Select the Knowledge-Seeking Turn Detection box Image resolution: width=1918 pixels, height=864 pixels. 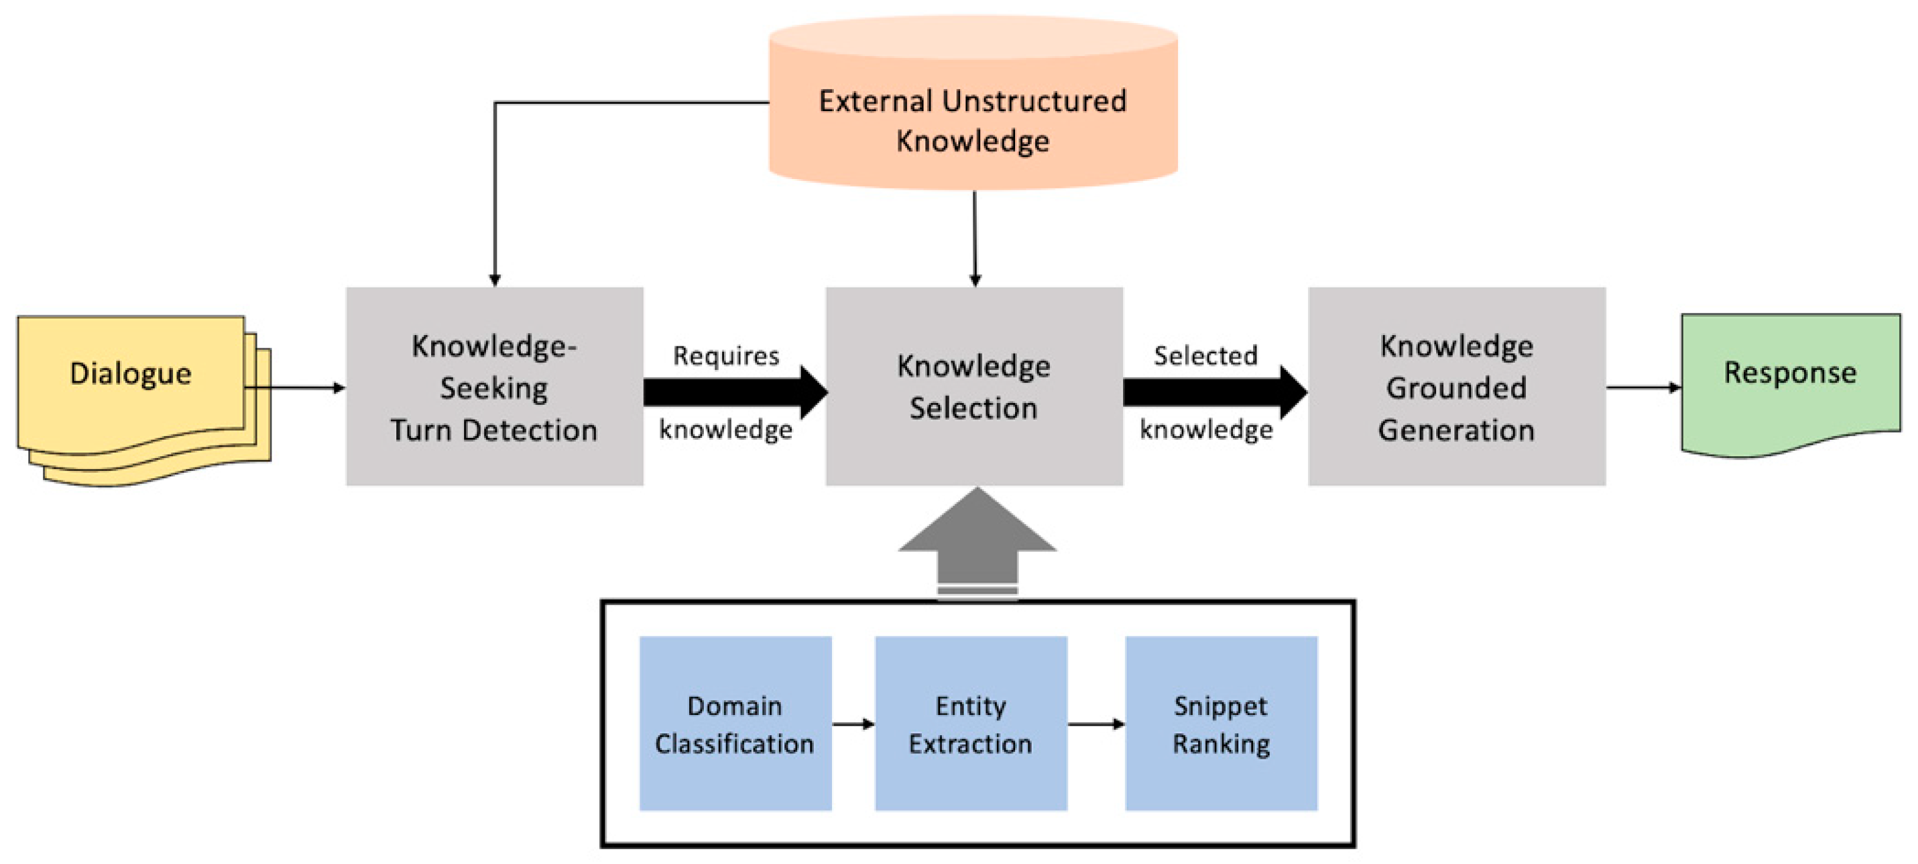(494, 386)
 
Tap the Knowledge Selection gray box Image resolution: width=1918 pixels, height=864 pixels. (974, 386)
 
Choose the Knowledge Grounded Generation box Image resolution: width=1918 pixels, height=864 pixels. (1456, 386)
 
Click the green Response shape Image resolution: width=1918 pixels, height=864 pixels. (1790, 380)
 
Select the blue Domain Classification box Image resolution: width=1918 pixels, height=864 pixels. (735, 723)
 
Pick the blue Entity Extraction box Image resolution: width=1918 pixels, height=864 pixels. (970, 723)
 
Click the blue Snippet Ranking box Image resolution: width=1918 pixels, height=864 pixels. (1221, 723)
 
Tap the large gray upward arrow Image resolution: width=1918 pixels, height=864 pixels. (977, 544)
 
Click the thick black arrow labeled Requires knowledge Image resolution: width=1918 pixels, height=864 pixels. (733, 392)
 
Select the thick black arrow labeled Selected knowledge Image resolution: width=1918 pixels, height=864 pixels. (1214, 392)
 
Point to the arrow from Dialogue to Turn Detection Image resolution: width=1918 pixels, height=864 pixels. (298, 387)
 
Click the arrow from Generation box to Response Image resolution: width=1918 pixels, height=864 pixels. (1642, 387)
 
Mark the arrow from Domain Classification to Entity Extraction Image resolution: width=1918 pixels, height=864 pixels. (853, 724)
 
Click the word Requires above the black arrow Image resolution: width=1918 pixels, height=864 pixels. (726, 356)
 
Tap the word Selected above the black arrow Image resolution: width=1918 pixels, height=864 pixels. (1205, 356)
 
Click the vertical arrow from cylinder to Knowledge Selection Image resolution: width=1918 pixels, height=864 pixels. (974, 238)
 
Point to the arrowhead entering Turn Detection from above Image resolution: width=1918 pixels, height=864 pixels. (495, 280)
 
